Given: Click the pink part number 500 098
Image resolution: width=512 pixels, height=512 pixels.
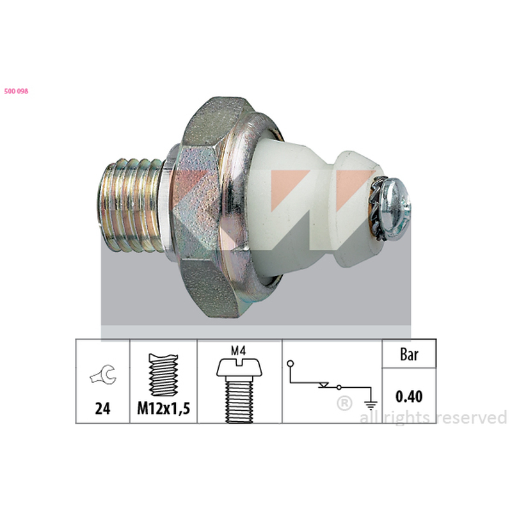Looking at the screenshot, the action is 17,91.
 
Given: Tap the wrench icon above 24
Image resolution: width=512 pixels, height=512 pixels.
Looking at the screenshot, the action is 103,375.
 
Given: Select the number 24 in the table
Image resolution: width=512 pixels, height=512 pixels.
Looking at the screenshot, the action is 102,408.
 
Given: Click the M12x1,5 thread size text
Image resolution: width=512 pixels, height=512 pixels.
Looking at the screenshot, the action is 163,408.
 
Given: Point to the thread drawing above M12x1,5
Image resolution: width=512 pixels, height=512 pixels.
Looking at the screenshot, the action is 164,375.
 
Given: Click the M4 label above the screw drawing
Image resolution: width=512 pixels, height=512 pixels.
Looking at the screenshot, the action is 238,351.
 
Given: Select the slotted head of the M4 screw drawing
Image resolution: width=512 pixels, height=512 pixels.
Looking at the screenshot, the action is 239,367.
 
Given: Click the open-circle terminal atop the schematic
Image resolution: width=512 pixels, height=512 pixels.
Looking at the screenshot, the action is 291,363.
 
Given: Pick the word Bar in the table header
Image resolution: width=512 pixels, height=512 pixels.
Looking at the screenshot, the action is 409,355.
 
